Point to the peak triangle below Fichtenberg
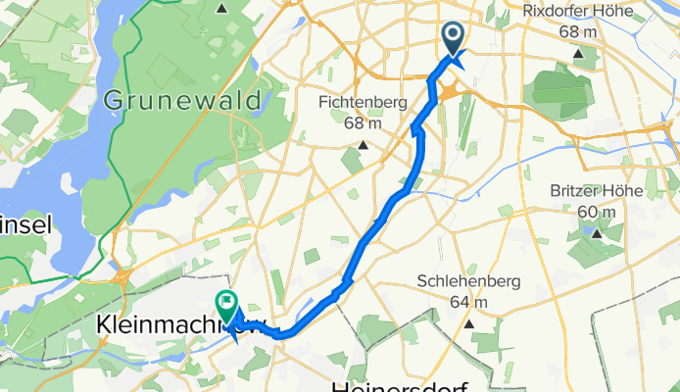[363, 146]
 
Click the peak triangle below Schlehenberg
[469, 324]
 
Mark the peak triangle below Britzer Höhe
[598, 233]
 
